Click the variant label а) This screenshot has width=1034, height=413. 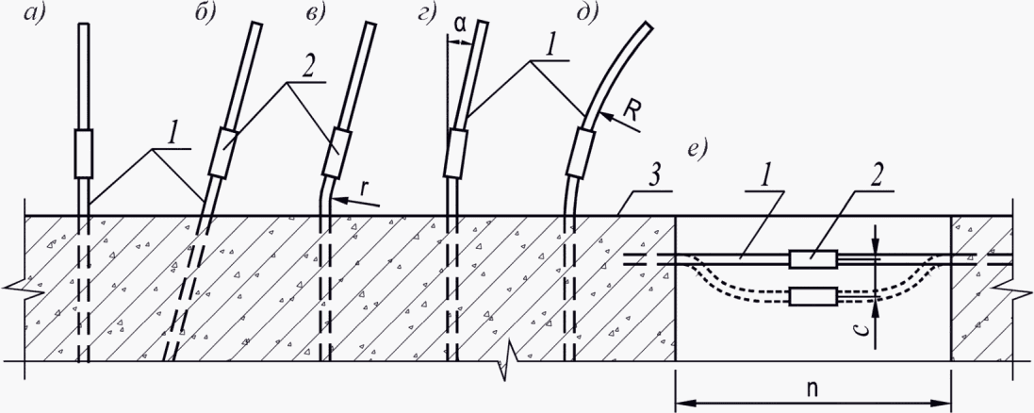(x=32, y=14)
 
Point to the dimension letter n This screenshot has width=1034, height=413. (x=812, y=388)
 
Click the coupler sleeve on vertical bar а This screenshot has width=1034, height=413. (x=83, y=154)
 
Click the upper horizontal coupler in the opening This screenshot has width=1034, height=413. (x=813, y=259)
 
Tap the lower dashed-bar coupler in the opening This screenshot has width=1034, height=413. (x=813, y=295)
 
